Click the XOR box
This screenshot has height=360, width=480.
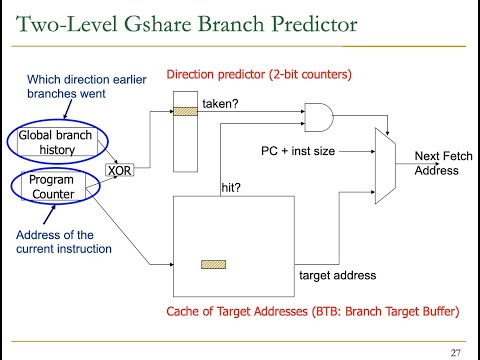tap(120, 171)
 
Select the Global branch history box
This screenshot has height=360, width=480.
tap(56, 141)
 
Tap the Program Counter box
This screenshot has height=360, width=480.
tap(57, 187)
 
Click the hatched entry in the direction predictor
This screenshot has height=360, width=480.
tap(186, 111)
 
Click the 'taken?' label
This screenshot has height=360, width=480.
tap(220, 103)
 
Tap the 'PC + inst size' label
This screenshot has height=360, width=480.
tap(297, 151)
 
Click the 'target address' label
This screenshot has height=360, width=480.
tap(339, 275)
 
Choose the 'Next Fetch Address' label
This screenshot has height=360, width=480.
tap(437, 163)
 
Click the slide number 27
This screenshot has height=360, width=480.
tap(456, 352)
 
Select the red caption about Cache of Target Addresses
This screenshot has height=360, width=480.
tap(314, 312)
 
